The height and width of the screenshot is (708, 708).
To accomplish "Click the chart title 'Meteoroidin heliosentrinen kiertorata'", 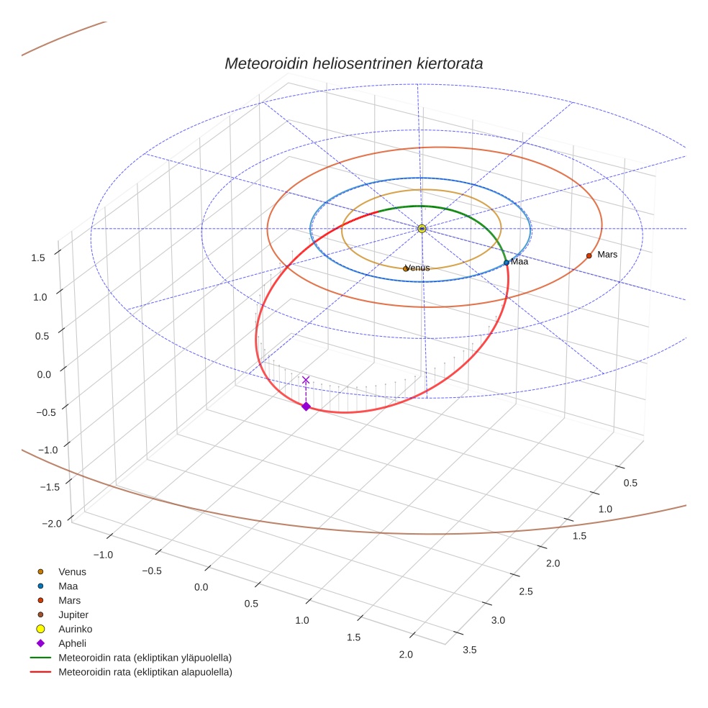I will coord(353,63).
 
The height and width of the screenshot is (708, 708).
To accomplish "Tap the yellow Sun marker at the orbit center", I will coord(422,228).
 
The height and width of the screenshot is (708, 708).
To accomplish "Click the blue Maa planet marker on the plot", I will coord(507,263).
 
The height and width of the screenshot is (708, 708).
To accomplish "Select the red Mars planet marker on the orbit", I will coord(589,255).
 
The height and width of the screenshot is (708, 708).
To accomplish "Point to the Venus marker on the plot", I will coord(406,268).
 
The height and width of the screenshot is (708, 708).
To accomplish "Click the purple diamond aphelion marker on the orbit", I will coord(306,407).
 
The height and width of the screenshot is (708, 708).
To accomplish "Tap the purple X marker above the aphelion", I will coord(306,380).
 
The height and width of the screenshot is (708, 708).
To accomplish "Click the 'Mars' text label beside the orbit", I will coord(607,255).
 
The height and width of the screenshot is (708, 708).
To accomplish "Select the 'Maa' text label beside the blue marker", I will coord(519,262).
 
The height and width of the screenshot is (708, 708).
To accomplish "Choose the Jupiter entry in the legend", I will coord(73,614).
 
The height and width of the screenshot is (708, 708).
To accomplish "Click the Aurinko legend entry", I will coord(75,629).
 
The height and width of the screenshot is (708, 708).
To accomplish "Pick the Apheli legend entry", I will coord(72,643).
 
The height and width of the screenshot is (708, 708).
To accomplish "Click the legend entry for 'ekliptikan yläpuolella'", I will coord(145,658).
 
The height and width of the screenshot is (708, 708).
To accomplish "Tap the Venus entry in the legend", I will coord(72,572).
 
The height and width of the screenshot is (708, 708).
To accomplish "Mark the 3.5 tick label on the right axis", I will coord(469,650).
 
